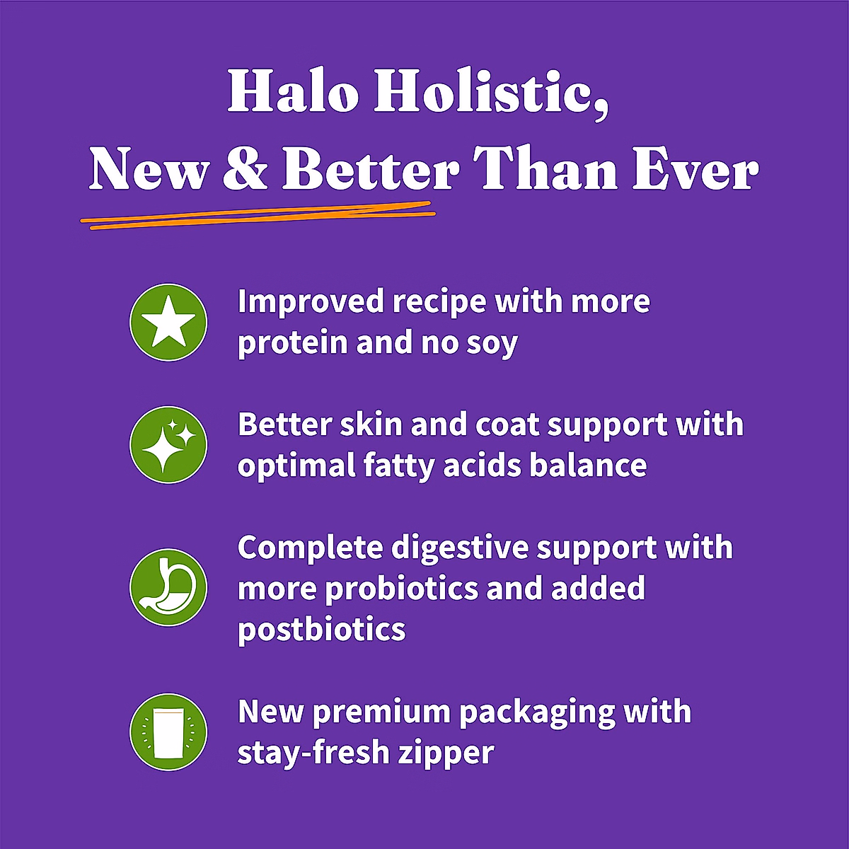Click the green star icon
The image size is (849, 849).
click(168, 323)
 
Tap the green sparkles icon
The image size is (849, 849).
click(168, 445)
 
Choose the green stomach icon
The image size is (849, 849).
click(168, 587)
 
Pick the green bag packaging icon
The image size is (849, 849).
click(168, 732)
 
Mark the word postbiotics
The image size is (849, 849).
click(322, 629)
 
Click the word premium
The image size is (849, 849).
click(381, 712)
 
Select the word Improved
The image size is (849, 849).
click(311, 302)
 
